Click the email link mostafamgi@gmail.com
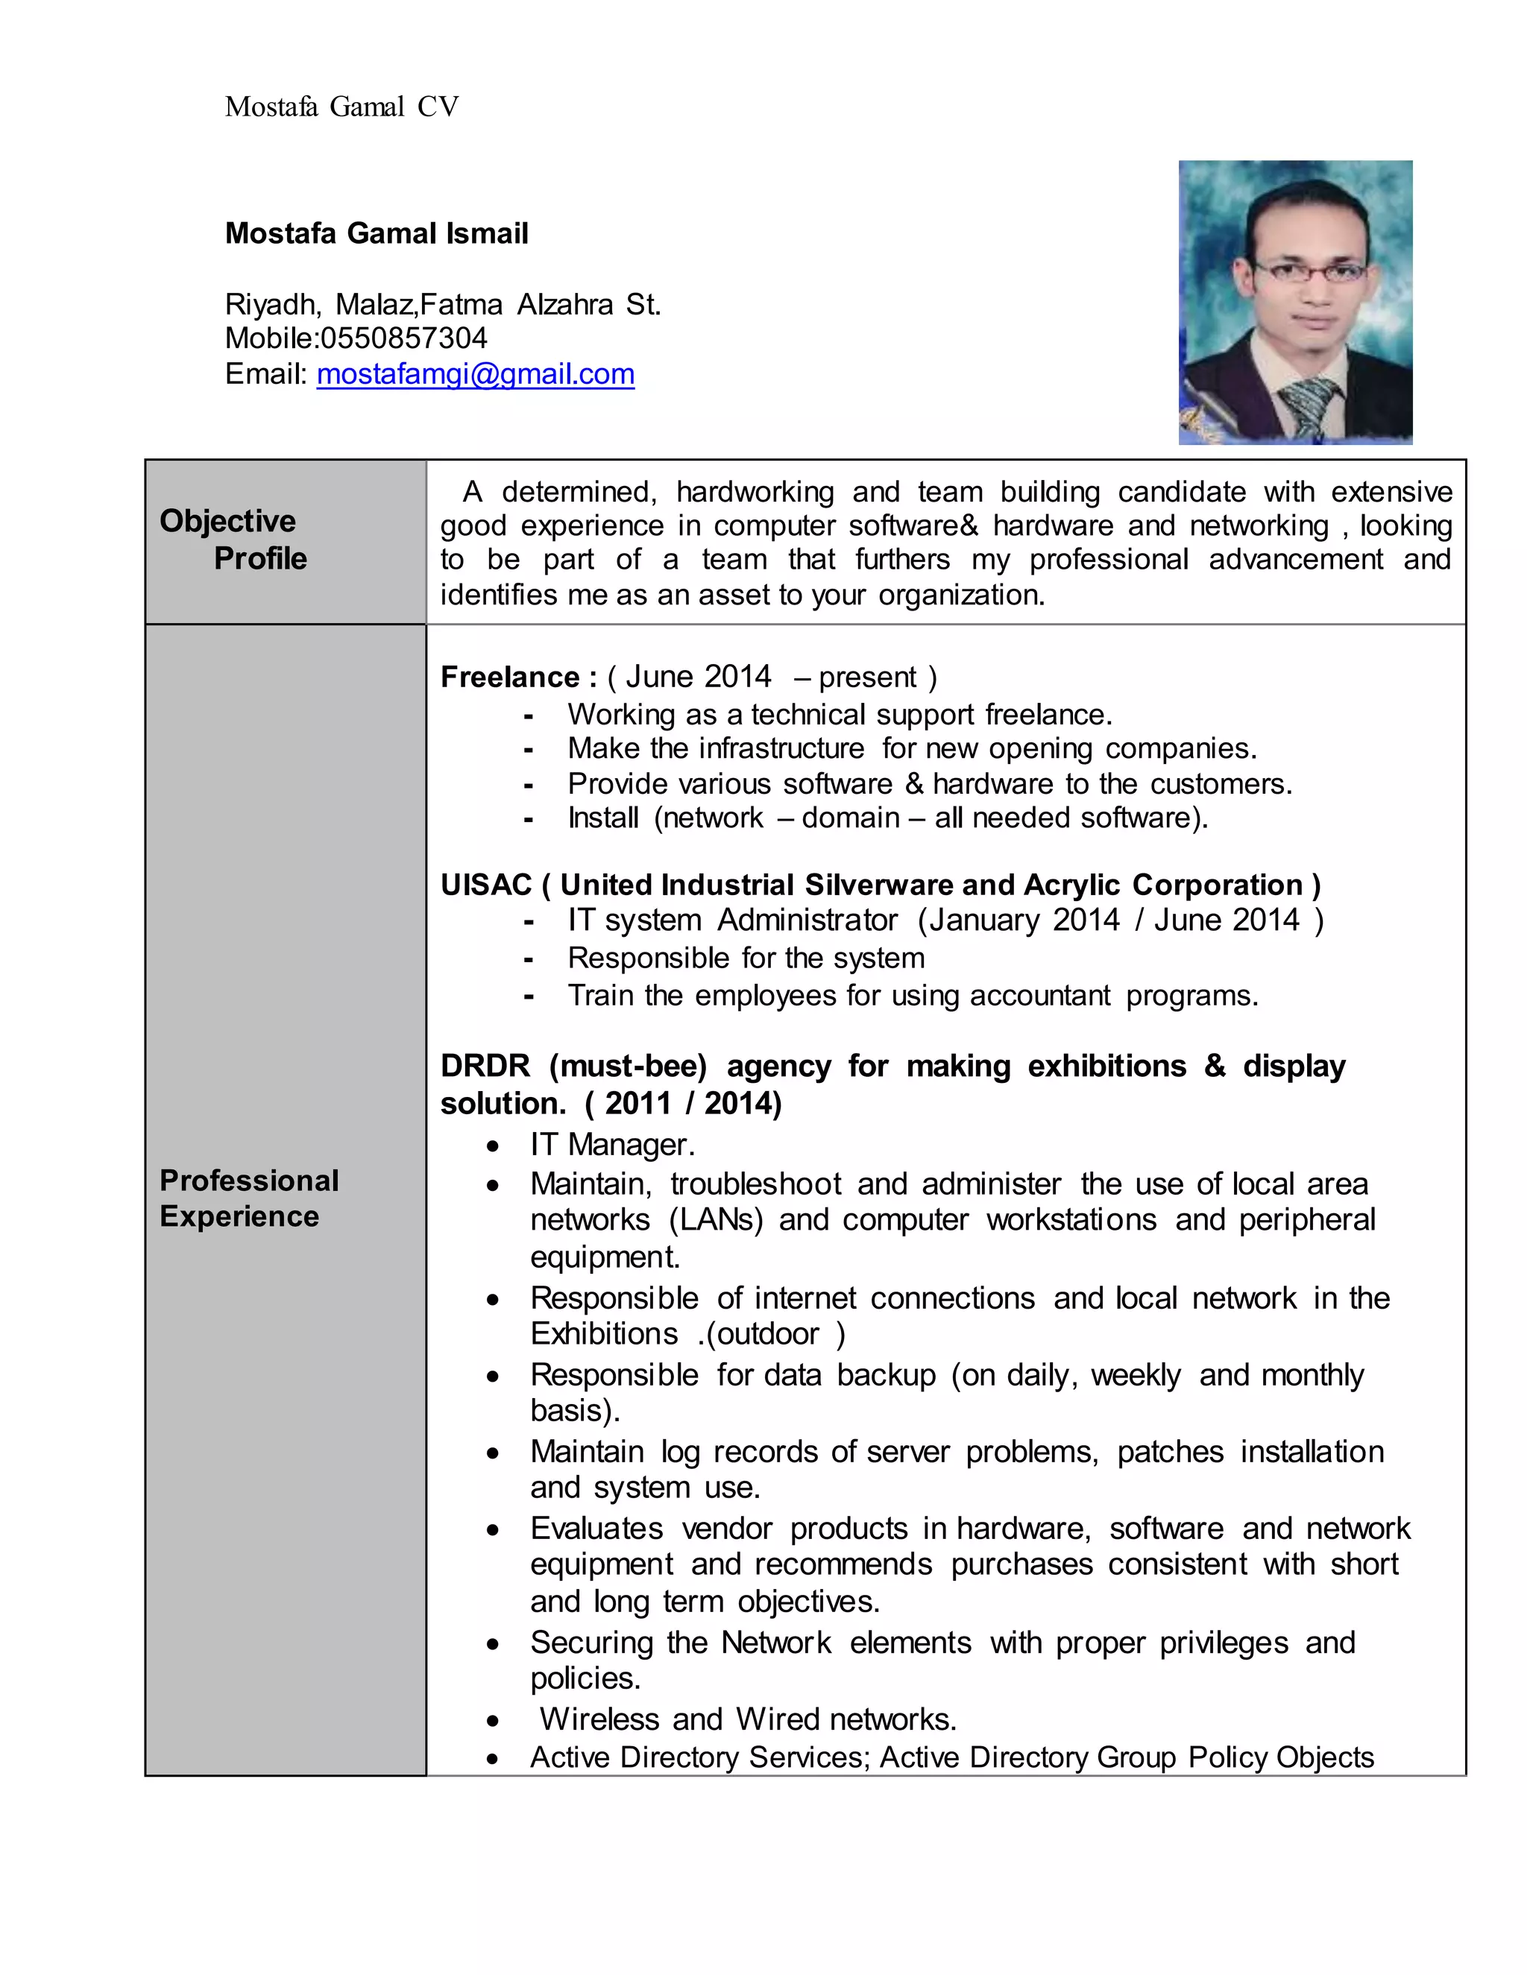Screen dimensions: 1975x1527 point(475,373)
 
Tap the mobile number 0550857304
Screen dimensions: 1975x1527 point(403,338)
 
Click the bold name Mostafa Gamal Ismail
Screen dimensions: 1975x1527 point(377,233)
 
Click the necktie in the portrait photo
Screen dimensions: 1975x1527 point(1310,407)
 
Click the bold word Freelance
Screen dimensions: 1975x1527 point(509,677)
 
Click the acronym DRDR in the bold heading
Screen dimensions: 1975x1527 point(485,1066)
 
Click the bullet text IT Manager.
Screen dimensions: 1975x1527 point(612,1145)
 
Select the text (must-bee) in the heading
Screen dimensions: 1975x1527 point(628,1066)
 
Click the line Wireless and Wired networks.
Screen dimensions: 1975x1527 point(747,1719)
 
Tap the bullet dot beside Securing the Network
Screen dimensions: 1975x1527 point(492,1645)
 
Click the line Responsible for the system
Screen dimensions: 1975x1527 point(746,958)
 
